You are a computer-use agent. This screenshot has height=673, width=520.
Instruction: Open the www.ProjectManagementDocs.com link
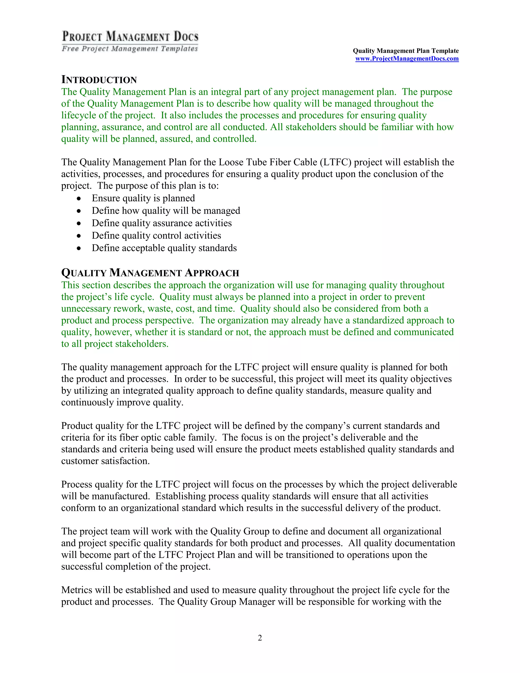407,59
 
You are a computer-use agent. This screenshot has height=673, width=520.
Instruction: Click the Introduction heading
99,79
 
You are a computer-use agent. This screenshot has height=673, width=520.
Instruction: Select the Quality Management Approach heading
150,273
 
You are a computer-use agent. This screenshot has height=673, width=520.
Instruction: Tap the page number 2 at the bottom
260,638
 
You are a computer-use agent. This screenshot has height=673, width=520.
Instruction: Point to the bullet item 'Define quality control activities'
156,236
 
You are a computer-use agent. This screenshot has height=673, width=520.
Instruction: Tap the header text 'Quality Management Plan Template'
405,51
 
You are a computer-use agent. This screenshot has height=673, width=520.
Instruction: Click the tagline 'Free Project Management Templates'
130,49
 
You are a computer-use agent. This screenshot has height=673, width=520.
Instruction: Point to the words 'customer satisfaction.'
105,461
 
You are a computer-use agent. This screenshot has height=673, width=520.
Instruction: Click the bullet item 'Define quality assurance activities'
161,223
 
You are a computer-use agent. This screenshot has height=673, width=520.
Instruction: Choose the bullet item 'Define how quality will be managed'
166,211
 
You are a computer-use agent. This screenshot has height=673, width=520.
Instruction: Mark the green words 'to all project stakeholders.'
115,344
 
